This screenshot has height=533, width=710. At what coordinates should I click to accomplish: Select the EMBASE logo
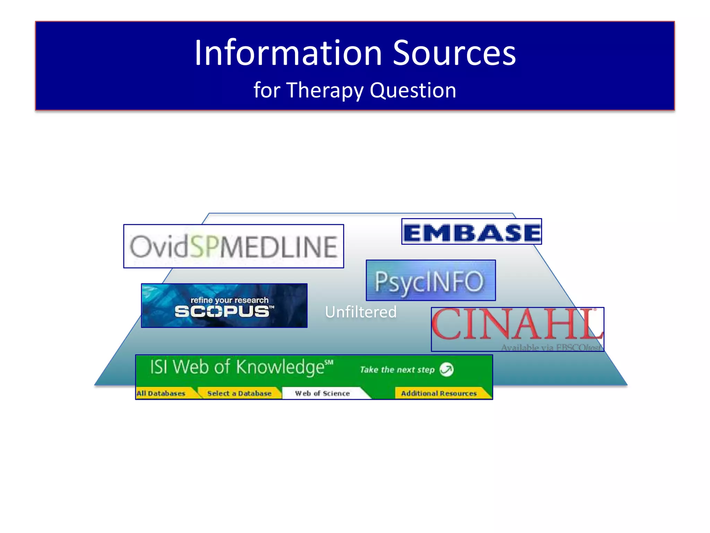click(471, 232)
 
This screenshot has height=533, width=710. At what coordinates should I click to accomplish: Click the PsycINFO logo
click(431, 280)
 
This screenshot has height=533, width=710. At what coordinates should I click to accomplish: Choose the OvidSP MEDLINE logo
click(234, 246)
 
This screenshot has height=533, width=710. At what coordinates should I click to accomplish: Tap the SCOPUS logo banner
click(224, 306)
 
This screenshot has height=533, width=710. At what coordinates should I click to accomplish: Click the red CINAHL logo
click(517, 324)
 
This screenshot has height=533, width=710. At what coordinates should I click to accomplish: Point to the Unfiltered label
click(361, 312)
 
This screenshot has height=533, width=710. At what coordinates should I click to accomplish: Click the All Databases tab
click(161, 394)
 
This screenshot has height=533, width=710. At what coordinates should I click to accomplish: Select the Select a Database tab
click(239, 394)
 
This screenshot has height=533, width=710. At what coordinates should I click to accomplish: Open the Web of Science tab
click(322, 394)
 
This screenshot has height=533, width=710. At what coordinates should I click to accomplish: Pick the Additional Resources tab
click(439, 394)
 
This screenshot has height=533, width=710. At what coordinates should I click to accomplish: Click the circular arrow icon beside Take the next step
click(447, 370)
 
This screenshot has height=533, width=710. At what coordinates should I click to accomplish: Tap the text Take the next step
click(397, 370)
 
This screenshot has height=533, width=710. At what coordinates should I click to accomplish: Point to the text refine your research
click(230, 300)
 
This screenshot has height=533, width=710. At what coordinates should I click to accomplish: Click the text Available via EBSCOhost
click(551, 347)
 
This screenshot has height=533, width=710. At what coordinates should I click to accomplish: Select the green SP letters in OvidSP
click(205, 246)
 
